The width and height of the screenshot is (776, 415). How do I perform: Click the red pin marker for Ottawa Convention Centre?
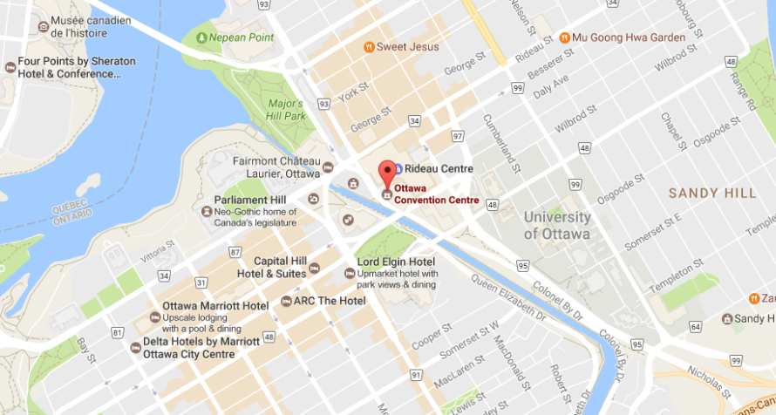(x=387, y=172)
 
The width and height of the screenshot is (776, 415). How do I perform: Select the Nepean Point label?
(x=241, y=37)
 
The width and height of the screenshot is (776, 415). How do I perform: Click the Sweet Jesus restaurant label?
(x=408, y=46)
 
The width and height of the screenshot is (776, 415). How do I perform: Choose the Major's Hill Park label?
(x=286, y=110)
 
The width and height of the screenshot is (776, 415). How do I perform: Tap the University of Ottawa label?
(x=557, y=225)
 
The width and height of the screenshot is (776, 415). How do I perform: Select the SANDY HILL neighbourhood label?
(x=705, y=193)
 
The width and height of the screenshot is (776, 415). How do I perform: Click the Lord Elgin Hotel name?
(x=396, y=262)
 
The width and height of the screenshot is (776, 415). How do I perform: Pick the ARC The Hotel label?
(x=330, y=301)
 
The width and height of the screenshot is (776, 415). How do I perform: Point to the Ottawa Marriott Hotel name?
(x=215, y=306)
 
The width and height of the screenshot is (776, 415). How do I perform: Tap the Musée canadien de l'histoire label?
(x=91, y=26)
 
